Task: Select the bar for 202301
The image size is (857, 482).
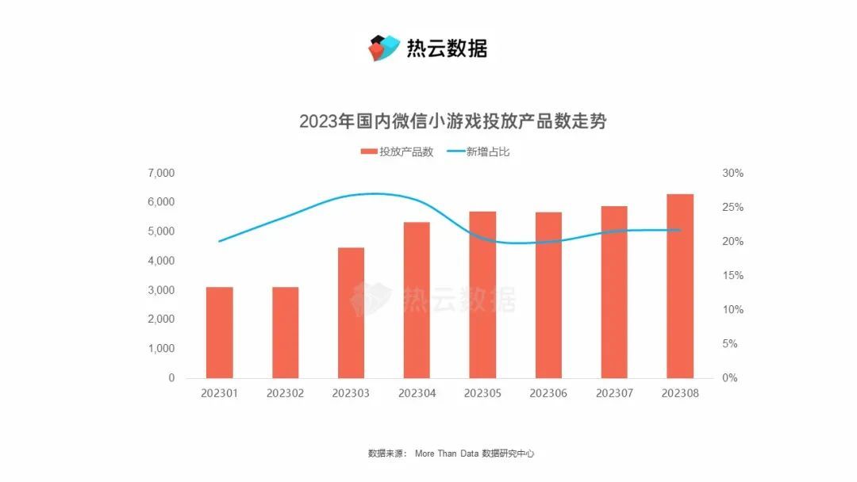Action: pos(219,332)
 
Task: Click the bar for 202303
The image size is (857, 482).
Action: pos(351,312)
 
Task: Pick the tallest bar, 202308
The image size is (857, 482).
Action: pos(680,285)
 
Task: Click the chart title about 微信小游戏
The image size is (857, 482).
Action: pos(452,122)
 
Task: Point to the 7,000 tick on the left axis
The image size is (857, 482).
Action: pos(160,173)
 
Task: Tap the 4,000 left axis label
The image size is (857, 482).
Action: pos(160,261)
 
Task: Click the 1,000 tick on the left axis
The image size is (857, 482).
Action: pos(160,349)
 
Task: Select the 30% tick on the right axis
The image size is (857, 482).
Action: pos(732,173)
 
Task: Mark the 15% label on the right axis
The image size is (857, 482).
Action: pos(732,276)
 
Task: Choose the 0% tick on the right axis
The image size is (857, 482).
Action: pos(730,378)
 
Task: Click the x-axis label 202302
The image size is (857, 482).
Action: pos(285,392)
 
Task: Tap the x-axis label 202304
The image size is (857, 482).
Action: pos(417,392)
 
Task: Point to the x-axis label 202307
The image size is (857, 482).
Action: pos(614,392)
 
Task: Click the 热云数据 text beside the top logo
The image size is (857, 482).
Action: pos(447,48)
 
